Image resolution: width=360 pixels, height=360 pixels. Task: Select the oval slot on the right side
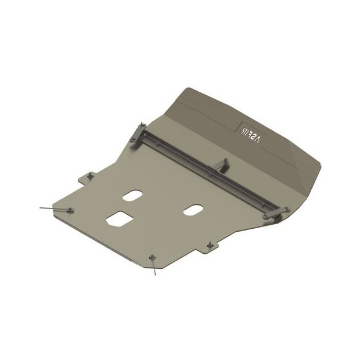point(193,210)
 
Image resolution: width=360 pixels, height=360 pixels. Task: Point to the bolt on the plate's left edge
point(70,210)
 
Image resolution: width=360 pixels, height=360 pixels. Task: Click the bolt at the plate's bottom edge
point(152,257)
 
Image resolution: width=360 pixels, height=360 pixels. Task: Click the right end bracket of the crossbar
point(274,213)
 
